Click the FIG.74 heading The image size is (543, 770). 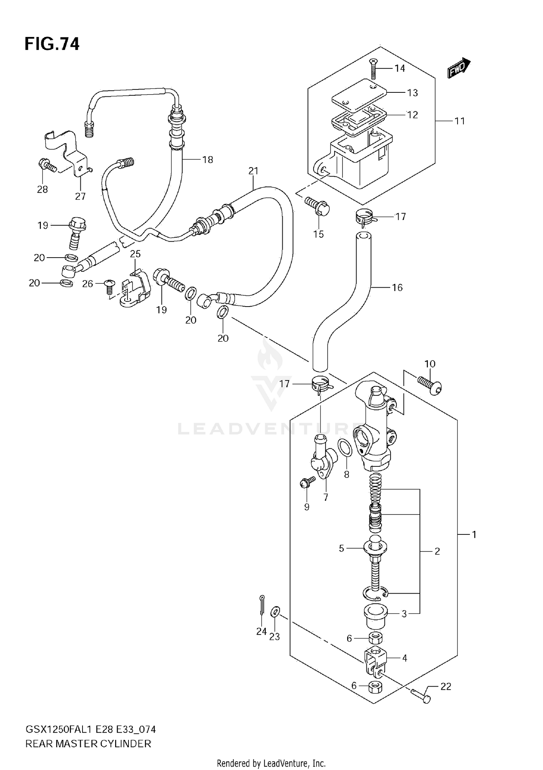pyautogui.click(x=52, y=44)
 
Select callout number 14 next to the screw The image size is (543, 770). pyautogui.click(x=399, y=68)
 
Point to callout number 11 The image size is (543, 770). pyautogui.click(x=459, y=121)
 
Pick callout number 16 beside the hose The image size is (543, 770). pyautogui.click(x=397, y=287)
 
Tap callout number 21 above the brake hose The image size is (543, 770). pyautogui.click(x=253, y=171)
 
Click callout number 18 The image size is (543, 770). pyautogui.click(x=207, y=159)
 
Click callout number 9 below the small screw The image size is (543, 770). pyautogui.click(x=307, y=507)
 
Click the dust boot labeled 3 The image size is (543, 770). pyautogui.click(x=375, y=617)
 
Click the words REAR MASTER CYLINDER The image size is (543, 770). pyautogui.click(x=88, y=744)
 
